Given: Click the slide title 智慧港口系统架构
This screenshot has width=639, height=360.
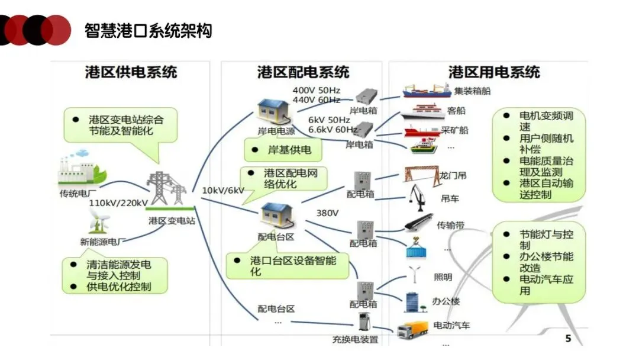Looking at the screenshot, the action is (x=149, y=31).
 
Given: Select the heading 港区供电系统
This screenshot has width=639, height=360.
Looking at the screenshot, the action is (x=131, y=72).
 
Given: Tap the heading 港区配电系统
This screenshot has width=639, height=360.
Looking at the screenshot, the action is (x=303, y=72).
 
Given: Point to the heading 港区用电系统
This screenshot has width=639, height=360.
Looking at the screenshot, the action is (x=494, y=72).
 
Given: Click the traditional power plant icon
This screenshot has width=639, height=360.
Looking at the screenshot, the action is (x=82, y=168).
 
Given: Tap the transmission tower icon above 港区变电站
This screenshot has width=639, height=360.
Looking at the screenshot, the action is (x=167, y=188).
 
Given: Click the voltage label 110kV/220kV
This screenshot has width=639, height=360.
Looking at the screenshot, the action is (x=118, y=203).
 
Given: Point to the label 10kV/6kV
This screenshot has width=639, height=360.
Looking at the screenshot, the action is (x=223, y=191).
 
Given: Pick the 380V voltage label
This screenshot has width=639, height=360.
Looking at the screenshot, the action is (x=327, y=213).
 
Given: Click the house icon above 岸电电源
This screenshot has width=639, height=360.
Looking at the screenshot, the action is (x=274, y=111).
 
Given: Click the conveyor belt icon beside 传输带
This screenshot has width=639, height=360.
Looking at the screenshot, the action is (x=418, y=223).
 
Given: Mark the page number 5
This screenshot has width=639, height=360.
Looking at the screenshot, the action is (x=568, y=339).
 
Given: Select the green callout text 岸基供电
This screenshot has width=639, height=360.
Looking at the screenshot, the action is (x=289, y=150).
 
